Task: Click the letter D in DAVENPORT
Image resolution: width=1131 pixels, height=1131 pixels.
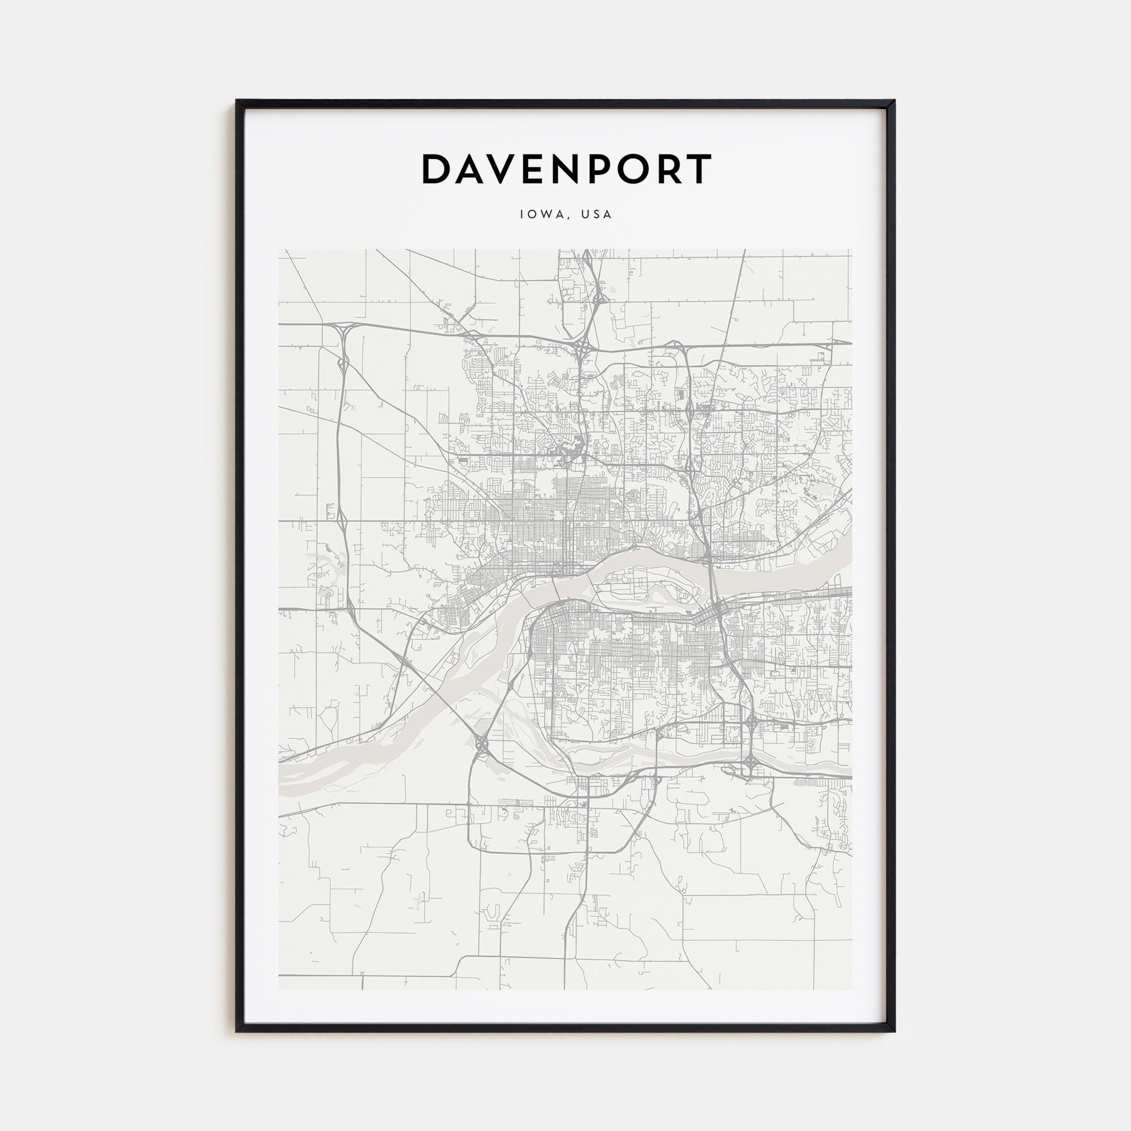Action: pos(437,169)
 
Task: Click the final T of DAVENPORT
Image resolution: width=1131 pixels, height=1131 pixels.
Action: pos(697,169)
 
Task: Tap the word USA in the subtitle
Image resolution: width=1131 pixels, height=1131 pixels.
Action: pos(596,214)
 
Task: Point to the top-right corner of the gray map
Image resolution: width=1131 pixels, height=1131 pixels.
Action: pos(851,250)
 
